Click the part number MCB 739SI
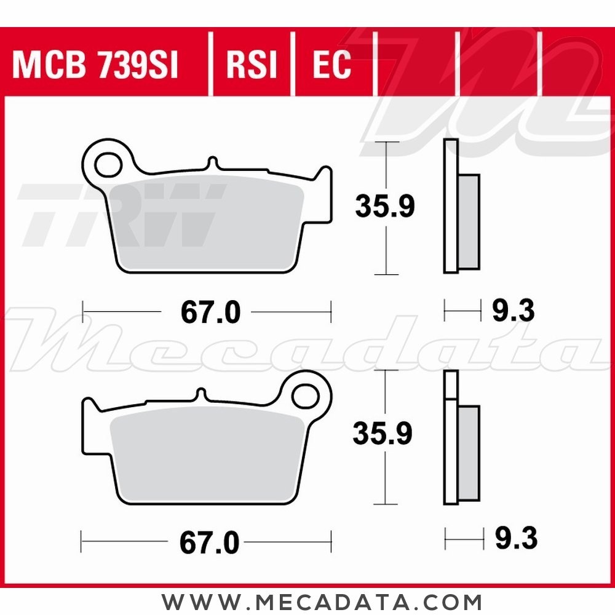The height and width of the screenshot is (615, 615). point(95,65)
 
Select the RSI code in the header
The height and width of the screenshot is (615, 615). point(252,65)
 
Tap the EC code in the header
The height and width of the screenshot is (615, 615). point(331,65)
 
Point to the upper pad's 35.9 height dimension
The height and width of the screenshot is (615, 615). point(385,207)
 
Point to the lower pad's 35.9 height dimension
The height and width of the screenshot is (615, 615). point(382,434)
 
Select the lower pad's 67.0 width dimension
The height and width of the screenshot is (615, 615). point(209,542)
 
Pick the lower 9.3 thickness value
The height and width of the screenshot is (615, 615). point(515,539)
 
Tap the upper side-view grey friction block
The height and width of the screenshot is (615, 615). point(469,221)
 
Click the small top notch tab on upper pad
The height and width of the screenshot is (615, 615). point(212,164)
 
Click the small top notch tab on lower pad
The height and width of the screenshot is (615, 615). point(200,394)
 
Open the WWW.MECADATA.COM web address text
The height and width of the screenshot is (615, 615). point(322,601)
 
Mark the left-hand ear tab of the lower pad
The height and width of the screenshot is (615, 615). point(90,407)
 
